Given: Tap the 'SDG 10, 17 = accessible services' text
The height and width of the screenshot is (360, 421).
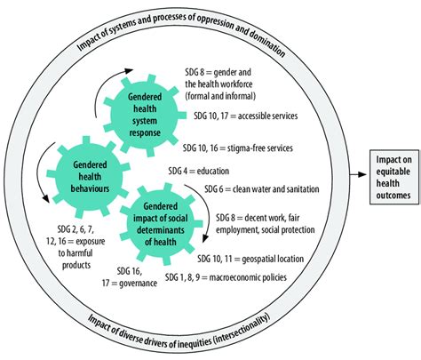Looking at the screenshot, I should pos(246,116).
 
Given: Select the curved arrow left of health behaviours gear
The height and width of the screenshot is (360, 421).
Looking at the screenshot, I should pos(44,161).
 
